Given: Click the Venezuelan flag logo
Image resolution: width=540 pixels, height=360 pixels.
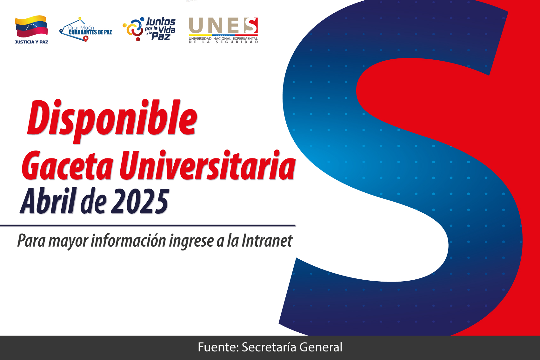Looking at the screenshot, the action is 31,27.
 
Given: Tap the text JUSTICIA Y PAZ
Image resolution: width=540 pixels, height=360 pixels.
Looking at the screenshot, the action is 31,42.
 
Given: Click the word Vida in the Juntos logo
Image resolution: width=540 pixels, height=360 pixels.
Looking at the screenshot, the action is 167,30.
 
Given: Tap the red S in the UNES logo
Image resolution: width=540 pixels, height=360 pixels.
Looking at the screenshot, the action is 251,25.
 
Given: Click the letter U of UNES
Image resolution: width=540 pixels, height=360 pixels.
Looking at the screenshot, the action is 196,25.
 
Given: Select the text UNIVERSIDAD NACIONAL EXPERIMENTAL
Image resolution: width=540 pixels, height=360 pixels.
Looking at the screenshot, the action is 223,39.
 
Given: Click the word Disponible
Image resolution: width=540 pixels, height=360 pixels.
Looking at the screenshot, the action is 112,121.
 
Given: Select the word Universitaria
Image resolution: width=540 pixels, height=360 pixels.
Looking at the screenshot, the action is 207,165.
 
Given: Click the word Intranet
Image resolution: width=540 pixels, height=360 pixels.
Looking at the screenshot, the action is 267,240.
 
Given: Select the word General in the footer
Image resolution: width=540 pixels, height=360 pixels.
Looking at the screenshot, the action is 321,347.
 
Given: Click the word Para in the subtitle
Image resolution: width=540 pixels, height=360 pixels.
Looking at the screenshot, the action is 31,240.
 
